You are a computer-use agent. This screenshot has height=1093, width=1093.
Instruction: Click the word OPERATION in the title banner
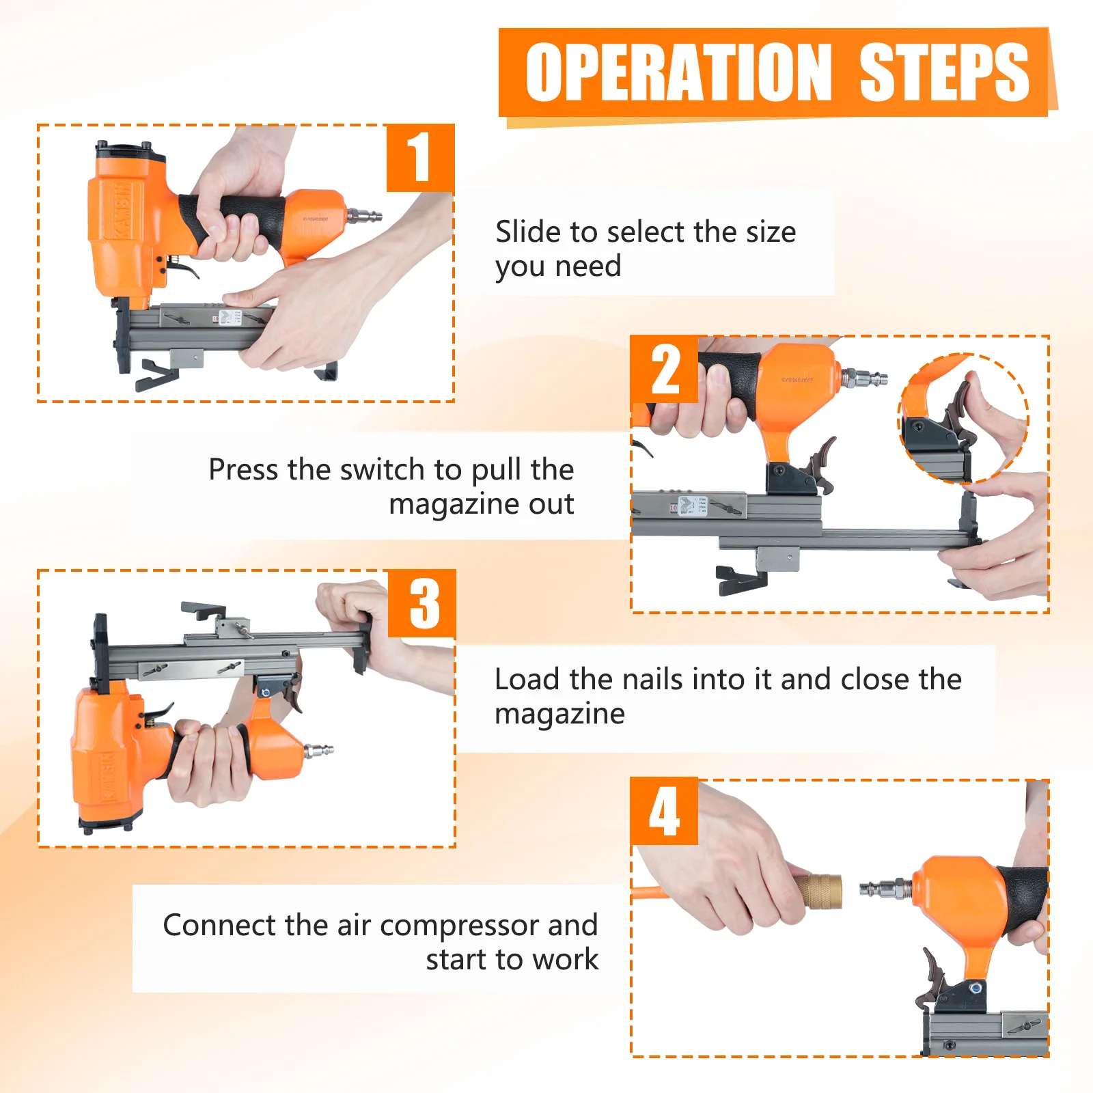(x=678, y=72)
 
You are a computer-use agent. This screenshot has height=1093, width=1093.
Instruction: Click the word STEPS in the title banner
(x=943, y=72)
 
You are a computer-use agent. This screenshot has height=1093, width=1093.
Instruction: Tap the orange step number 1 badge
(x=419, y=158)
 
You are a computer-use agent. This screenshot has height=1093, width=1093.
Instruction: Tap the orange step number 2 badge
(x=664, y=369)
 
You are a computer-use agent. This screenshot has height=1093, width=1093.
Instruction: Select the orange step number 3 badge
(x=422, y=603)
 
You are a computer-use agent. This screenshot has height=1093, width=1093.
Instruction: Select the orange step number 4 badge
(x=664, y=811)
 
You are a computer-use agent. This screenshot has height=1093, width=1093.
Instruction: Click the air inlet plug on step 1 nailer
(x=363, y=216)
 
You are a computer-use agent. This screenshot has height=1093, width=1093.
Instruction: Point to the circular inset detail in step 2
(x=963, y=418)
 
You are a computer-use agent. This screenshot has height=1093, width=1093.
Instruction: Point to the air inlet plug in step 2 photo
(x=863, y=376)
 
